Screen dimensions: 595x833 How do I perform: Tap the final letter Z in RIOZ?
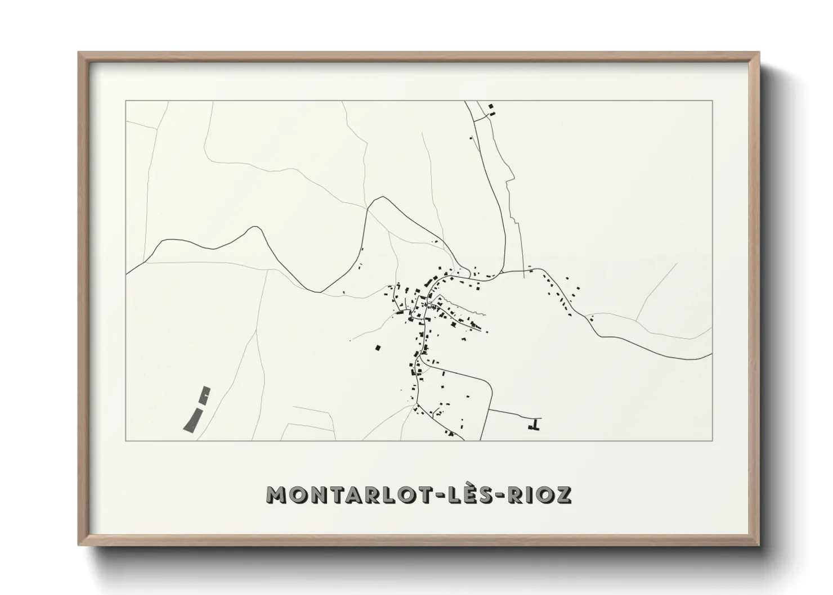564,494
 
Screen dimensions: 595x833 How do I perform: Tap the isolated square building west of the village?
378,348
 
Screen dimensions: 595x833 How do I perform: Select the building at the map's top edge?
491,106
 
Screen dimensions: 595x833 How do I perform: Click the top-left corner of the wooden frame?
79,53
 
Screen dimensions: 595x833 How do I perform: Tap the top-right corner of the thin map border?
712,101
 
